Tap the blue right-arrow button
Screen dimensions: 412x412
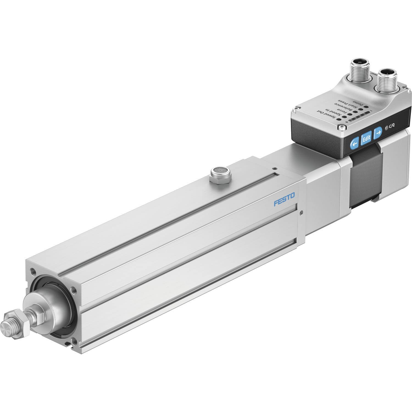click(x=378, y=133)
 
